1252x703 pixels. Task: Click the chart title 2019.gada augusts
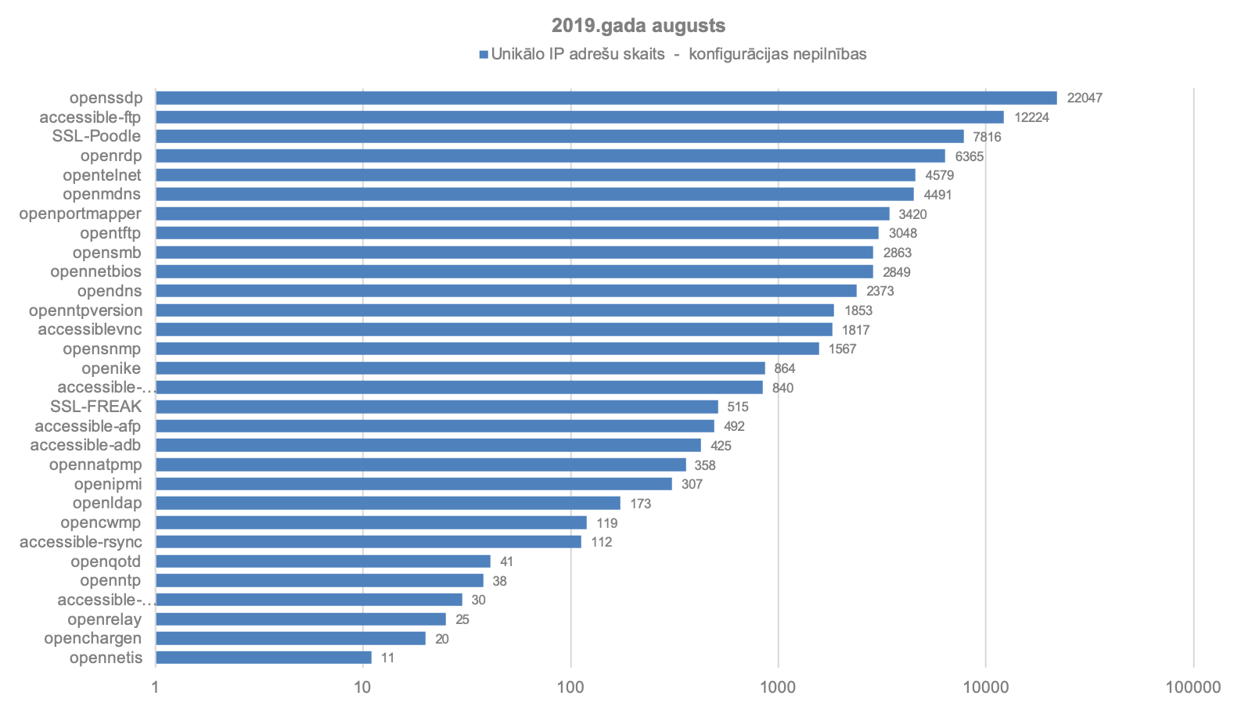point(638,26)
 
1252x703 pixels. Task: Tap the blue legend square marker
point(484,55)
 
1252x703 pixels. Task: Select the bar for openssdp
point(606,98)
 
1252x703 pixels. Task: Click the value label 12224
point(1031,117)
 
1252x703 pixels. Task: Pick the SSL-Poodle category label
point(96,136)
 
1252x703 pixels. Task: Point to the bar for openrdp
point(550,156)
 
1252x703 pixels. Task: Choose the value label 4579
point(939,175)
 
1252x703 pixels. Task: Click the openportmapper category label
point(80,213)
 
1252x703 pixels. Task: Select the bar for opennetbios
point(514,271)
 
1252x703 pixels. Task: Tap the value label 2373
point(880,291)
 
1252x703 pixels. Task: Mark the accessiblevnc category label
point(89,329)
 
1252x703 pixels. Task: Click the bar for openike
point(460,368)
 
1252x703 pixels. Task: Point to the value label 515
point(737,407)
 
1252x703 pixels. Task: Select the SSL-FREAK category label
point(95,407)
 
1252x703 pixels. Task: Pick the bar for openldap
point(387,503)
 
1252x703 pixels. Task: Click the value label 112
point(601,542)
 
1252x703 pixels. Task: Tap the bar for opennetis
point(263,658)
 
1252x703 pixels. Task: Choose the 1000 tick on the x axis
point(778,687)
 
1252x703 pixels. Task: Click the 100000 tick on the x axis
point(1193,687)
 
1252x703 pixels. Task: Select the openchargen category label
point(92,638)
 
